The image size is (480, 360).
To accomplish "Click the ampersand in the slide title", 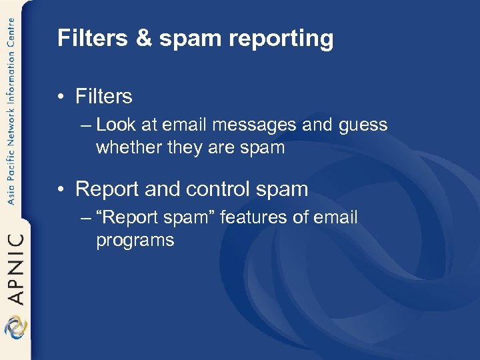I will point(144,39).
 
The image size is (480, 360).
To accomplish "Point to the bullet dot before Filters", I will point(61,97).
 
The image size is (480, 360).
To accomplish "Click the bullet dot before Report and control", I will point(61,189).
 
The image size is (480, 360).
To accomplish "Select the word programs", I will point(135,241).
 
